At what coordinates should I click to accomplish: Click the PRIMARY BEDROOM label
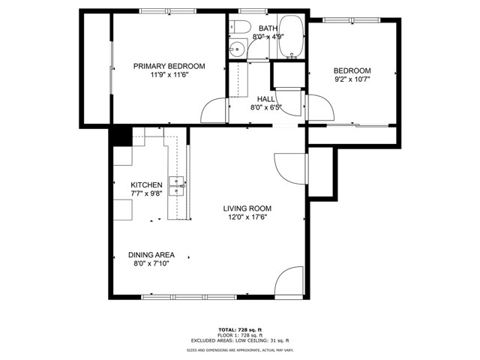point(169,66)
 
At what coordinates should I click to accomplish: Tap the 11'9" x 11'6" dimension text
point(169,75)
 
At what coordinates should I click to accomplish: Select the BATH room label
point(268,28)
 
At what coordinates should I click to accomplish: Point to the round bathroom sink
point(237,49)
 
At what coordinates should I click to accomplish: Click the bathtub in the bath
point(292,37)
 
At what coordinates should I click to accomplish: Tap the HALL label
point(265,99)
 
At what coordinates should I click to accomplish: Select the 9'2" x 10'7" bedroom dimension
point(352,79)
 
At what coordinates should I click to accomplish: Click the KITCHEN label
point(146,185)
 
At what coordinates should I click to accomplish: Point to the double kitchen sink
point(176,186)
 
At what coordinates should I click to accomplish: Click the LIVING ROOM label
point(247,208)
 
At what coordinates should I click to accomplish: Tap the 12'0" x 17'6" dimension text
point(247,217)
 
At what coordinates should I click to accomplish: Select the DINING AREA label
point(151,255)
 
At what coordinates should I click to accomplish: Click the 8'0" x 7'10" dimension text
point(151,263)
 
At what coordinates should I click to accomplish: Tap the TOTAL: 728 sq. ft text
point(240,330)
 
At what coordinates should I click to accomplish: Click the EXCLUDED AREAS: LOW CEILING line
point(240,340)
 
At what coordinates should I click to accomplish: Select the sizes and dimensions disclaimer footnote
point(240,350)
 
